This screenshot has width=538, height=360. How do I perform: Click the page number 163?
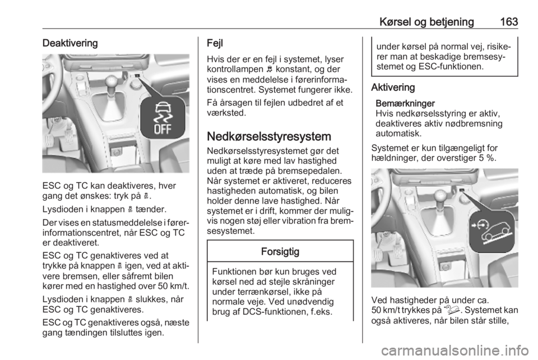pyautogui.click(x=509, y=22)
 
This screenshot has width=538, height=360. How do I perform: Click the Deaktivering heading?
pyautogui.click(x=70, y=43)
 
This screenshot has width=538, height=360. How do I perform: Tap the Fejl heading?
pyautogui.click(x=215, y=43)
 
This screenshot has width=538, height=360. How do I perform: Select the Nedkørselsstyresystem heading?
pyautogui.click(x=269, y=137)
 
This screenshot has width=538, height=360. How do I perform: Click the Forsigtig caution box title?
pyautogui.click(x=280, y=252)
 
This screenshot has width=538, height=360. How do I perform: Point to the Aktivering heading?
pyautogui.click(x=393, y=87)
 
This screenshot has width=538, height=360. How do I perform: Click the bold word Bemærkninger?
pyautogui.click(x=405, y=104)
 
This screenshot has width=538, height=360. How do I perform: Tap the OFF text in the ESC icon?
pyautogui.click(x=163, y=129)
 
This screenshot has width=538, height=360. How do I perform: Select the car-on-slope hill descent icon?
pyautogui.click(x=491, y=232)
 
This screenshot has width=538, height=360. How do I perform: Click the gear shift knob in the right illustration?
pyautogui.click(x=441, y=196)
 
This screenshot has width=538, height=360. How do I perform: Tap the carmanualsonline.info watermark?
pyautogui.click(x=455, y=350)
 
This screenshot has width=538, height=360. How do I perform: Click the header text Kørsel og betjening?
pyautogui.click(x=426, y=22)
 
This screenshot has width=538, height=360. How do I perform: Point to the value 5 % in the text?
pyautogui.click(x=487, y=158)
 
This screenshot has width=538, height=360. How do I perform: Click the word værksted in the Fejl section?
pyautogui.click(x=226, y=113)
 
